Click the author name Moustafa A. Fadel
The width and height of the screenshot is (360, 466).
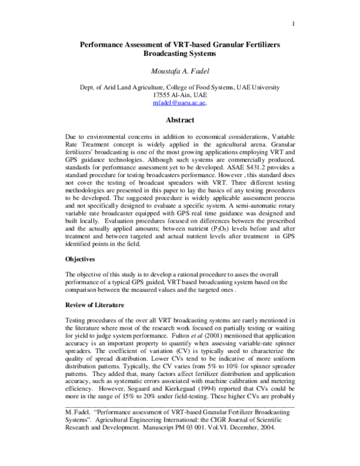pyautogui.click(x=180, y=72)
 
